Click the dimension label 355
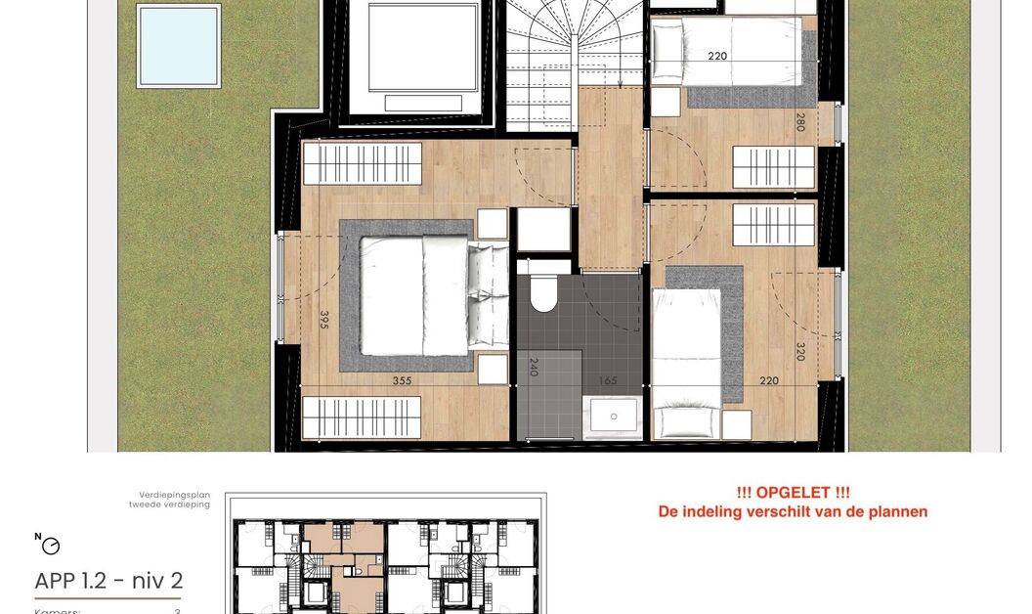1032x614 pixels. click(x=402, y=381)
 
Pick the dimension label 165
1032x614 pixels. click(x=608, y=380)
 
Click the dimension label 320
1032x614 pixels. click(x=799, y=351)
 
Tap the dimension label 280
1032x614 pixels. click(x=799, y=123)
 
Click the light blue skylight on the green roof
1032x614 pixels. click(x=178, y=45)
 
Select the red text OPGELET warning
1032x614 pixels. click(x=793, y=494)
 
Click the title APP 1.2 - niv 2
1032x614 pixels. click(x=108, y=582)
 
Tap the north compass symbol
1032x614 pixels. click(x=49, y=545)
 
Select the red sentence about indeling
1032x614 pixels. click(x=793, y=511)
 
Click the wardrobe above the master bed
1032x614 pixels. click(x=362, y=163)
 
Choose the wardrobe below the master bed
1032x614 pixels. click(x=362, y=417)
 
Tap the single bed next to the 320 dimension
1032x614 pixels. click(x=686, y=362)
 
